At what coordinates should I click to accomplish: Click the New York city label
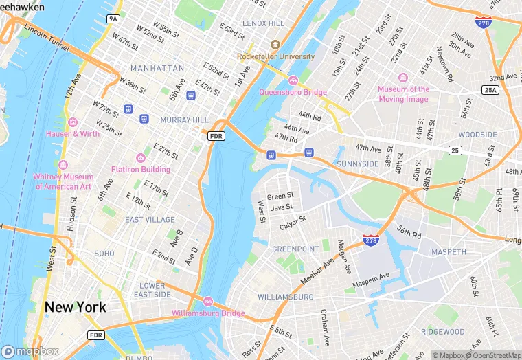tap(76, 307)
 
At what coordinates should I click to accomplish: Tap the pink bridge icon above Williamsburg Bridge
tap(207, 301)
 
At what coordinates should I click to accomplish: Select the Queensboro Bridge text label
tap(293, 92)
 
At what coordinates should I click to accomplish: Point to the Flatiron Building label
tap(141, 169)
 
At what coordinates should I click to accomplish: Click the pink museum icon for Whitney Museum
tap(63, 165)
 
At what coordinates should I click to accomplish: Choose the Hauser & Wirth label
tap(72, 133)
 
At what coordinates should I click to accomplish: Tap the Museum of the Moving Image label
tap(403, 94)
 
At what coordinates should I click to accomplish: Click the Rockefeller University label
tap(276, 56)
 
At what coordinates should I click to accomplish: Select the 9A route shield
tap(113, 19)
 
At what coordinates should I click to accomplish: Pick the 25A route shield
tap(490, 90)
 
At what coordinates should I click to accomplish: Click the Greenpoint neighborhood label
tap(295, 248)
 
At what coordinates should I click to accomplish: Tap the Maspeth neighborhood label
tap(449, 252)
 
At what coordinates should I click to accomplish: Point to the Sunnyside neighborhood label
tap(358, 164)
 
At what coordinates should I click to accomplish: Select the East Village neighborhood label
tap(150, 220)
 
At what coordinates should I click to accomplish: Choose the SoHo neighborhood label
tap(104, 254)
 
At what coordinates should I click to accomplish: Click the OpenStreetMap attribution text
tap(492, 355)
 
